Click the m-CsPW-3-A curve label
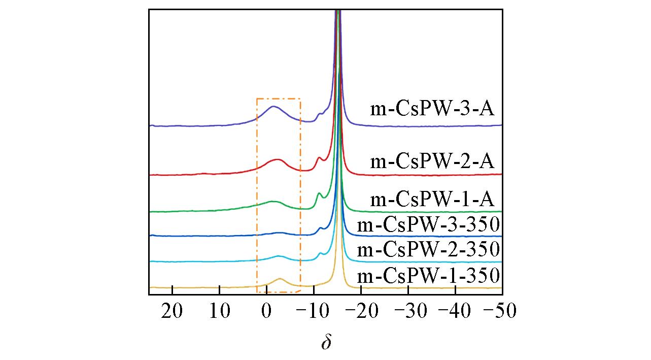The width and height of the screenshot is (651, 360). (432, 109)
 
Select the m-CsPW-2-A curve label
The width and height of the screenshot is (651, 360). (432, 161)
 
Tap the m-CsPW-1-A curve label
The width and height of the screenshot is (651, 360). (432, 199)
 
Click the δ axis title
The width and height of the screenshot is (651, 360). (326, 342)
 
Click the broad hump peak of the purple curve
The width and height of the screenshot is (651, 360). (273, 106)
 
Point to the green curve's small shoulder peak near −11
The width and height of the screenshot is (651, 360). (319, 193)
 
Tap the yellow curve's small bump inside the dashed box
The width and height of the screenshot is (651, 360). (280, 279)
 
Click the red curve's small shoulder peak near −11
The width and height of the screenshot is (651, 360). (319, 158)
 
